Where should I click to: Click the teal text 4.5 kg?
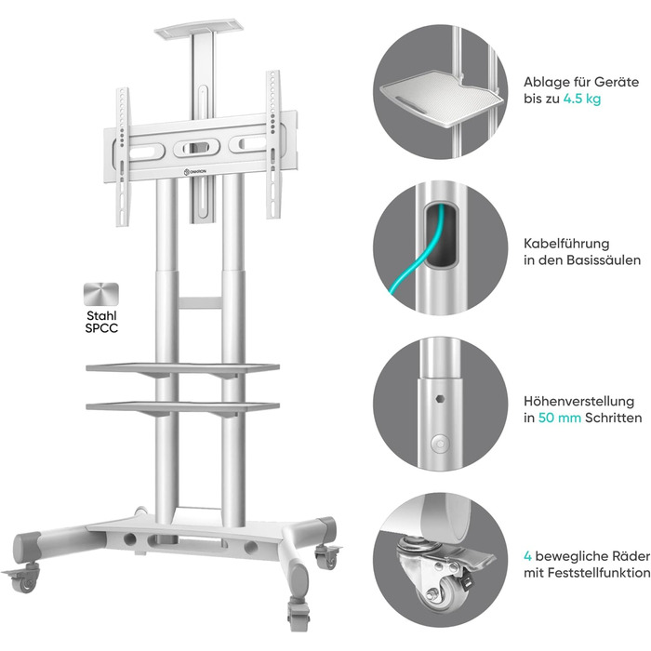point(582,100)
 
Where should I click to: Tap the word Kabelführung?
point(566,244)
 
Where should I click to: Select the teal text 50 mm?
point(559,418)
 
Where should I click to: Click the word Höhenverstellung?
point(578,402)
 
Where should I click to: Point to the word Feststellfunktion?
point(599,573)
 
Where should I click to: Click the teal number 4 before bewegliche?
point(527,556)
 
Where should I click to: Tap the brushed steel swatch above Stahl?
point(101,295)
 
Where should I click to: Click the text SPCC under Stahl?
point(101,328)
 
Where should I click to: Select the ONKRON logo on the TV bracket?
point(194,171)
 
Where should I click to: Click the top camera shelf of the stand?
point(196,29)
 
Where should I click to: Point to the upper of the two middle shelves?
point(182,368)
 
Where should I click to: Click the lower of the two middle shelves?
point(182,406)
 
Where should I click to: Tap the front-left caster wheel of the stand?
point(27,580)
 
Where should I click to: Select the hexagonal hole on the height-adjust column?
point(440,399)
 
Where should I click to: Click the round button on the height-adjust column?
point(440,444)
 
